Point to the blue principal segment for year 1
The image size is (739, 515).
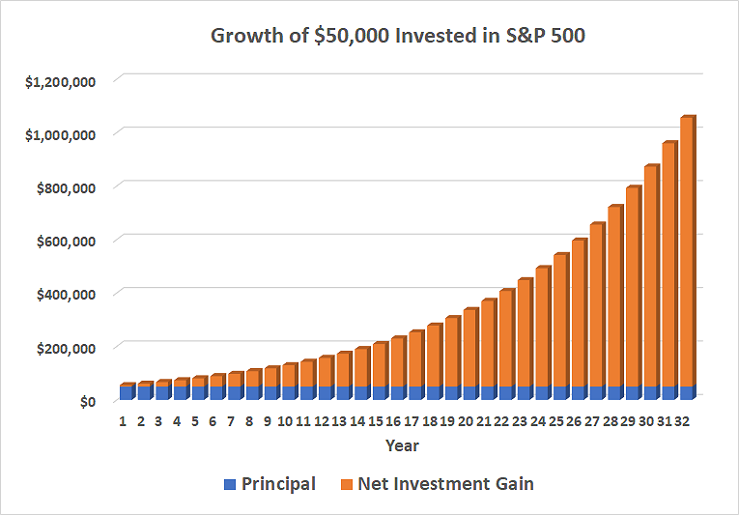click(126, 392)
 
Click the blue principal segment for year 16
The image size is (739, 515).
click(397, 392)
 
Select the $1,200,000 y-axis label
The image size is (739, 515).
click(61, 82)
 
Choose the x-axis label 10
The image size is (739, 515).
click(286, 421)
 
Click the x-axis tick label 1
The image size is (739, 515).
click(124, 421)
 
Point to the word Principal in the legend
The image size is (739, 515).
click(278, 484)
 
